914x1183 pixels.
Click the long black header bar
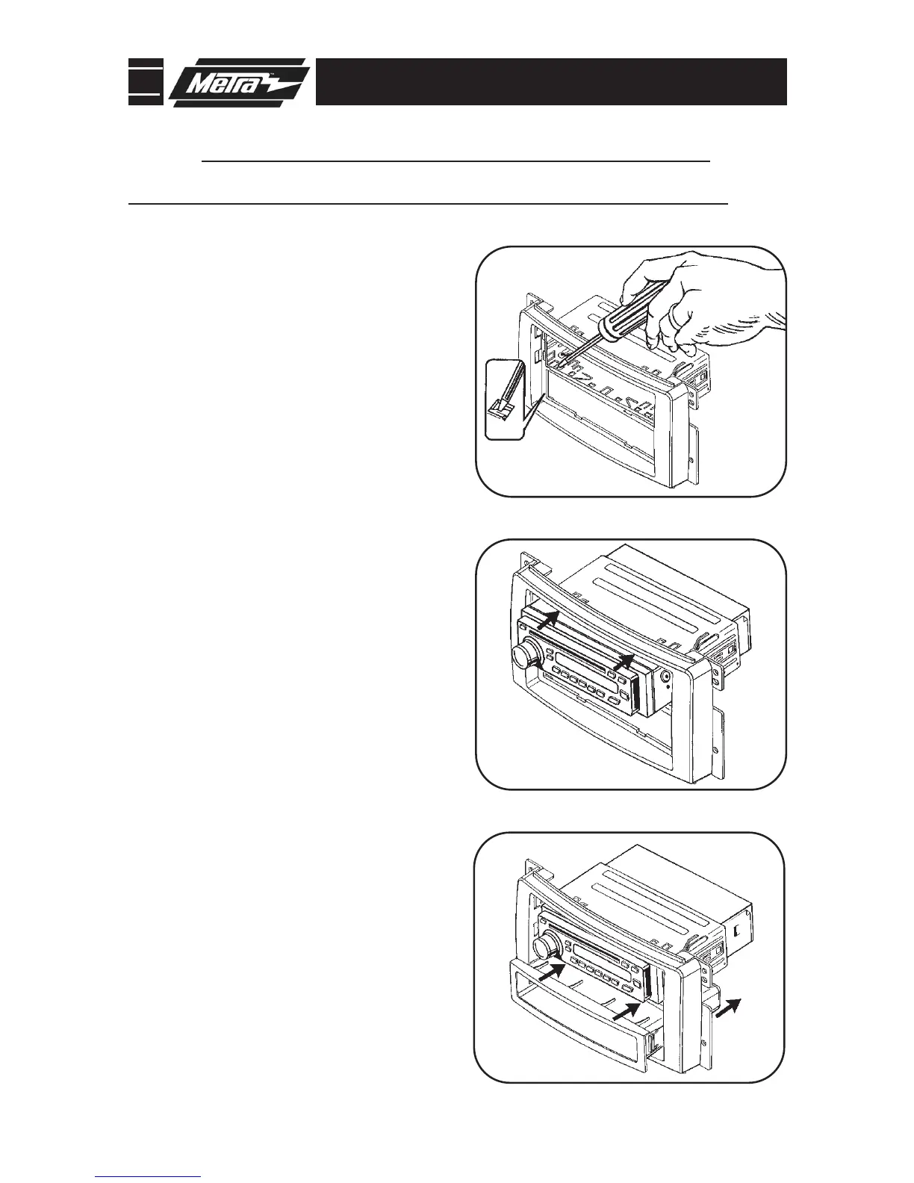[551, 82]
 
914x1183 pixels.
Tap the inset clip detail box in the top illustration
[503, 399]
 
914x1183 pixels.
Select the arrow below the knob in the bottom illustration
[550, 972]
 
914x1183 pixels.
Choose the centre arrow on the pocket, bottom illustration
[624, 1011]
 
